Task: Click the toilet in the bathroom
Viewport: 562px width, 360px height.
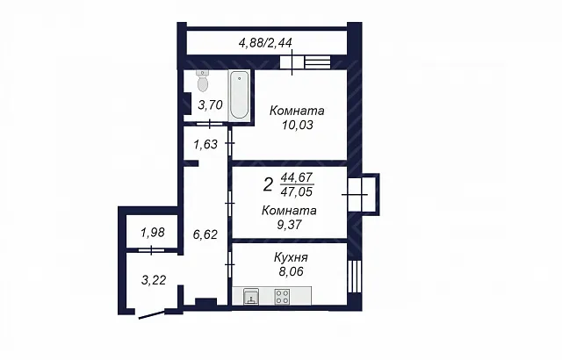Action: pos(203,81)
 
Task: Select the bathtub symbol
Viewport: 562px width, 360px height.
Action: pos(239,95)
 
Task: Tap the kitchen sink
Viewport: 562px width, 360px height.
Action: pos(251,297)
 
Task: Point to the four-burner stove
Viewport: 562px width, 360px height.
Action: pos(282,297)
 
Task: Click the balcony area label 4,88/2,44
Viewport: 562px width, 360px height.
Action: pos(265,43)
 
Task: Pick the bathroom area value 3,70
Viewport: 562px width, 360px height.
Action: pos(211,105)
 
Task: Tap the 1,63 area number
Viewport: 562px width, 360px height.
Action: pos(205,144)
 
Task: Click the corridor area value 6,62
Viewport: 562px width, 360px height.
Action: pos(205,234)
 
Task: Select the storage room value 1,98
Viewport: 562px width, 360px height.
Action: pos(153,233)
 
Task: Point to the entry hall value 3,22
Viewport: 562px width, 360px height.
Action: pos(154,280)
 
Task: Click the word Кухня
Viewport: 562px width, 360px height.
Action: pos(291,257)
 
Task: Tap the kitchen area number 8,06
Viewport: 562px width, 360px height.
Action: pos(291,271)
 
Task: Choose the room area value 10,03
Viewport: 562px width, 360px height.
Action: pos(298,125)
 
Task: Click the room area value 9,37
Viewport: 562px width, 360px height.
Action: pos(289,225)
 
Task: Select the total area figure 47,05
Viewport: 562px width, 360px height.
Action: pos(297,191)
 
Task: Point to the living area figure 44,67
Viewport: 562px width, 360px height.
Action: pos(297,177)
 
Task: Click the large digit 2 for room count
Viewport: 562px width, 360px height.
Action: pos(268,185)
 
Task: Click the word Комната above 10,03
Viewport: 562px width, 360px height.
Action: pos(297,111)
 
